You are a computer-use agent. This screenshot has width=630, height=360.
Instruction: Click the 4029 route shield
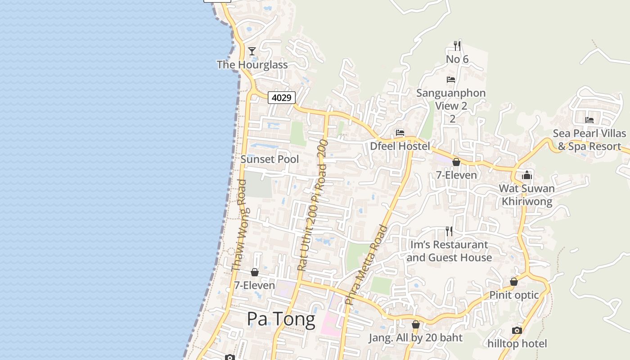click(x=282, y=97)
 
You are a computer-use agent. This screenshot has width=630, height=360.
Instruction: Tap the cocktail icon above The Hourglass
click(x=252, y=51)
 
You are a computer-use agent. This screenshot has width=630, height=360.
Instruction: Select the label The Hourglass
click(x=252, y=65)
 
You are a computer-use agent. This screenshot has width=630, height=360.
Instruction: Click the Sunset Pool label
click(x=270, y=159)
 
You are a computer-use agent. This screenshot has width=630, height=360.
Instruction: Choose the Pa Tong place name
click(x=281, y=319)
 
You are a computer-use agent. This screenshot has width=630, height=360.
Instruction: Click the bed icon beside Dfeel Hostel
click(x=400, y=133)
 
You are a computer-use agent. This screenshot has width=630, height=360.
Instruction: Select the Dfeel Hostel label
click(x=400, y=146)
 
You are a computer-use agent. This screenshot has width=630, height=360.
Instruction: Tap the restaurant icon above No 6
click(x=457, y=45)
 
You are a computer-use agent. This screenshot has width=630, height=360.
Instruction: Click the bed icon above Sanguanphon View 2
click(x=451, y=80)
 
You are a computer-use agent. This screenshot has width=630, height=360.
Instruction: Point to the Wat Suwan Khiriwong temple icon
click(x=527, y=175)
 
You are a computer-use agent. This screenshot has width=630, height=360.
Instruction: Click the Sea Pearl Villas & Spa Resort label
click(x=589, y=140)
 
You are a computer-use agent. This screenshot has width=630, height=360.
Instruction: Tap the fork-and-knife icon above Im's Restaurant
click(x=449, y=231)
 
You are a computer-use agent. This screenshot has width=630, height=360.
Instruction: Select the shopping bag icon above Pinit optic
click(x=514, y=282)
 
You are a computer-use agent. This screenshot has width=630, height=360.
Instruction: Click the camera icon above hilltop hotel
click(x=517, y=331)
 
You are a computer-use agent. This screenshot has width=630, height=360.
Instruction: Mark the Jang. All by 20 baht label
click(x=416, y=337)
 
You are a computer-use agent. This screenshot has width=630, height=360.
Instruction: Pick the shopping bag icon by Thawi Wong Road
click(x=255, y=272)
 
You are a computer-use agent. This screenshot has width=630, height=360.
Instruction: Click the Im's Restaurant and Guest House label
click(x=449, y=251)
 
